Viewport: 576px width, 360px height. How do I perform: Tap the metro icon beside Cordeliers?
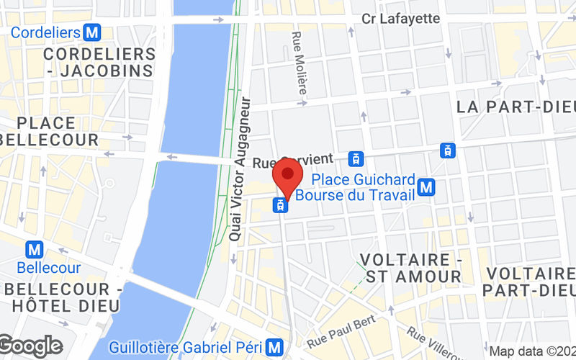[91, 32]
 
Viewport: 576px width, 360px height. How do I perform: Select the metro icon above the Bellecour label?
[34, 250]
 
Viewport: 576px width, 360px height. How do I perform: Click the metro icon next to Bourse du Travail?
[428, 187]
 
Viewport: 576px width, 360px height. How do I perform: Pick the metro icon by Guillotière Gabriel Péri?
[273, 346]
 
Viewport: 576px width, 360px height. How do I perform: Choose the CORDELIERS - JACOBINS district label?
[99, 62]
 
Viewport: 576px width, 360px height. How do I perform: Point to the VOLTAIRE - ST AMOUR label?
[412, 267]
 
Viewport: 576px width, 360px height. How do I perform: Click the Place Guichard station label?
[364, 179]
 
